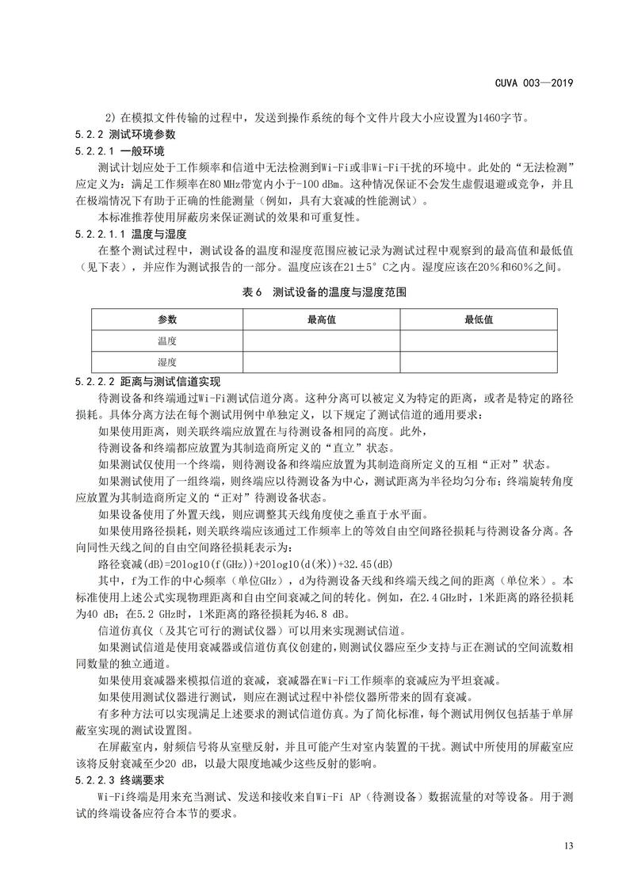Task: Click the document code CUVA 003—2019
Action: coord(537,82)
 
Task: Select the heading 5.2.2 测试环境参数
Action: coord(119,135)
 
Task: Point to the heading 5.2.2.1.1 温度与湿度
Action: coord(130,234)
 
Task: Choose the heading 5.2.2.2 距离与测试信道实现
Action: coord(147,381)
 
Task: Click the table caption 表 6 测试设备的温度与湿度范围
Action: coord(317,292)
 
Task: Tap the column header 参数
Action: coord(167,319)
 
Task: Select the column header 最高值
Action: coord(321,319)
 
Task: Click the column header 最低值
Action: coord(479,319)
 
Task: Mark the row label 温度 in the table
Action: coord(167,341)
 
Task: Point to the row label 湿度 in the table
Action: coord(167,362)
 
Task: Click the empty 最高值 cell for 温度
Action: coord(321,341)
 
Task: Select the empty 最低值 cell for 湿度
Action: coord(479,362)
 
